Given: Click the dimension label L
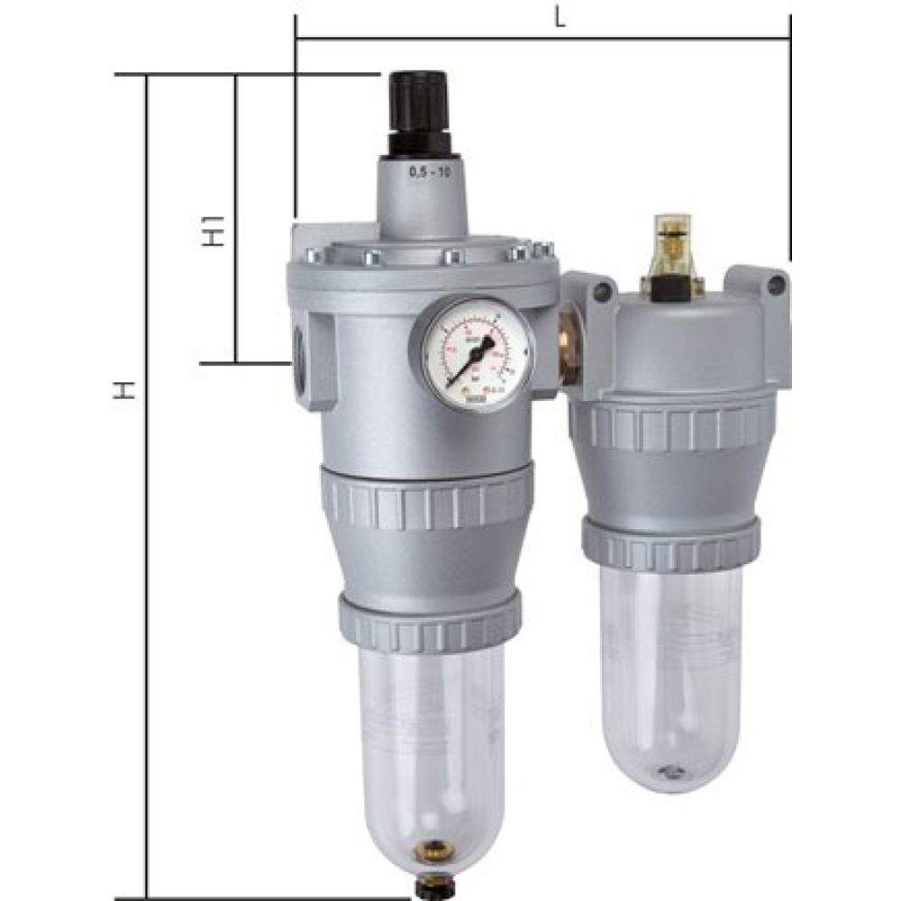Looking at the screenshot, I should (x=560, y=19).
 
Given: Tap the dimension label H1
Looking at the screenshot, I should (x=214, y=237).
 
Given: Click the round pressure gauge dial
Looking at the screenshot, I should (x=469, y=354).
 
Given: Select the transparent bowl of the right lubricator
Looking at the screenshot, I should (x=670, y=667).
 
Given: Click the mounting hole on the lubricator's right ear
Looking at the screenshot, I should (x=776, y=285).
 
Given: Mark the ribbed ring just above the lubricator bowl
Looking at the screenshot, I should (x=670, y=543).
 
